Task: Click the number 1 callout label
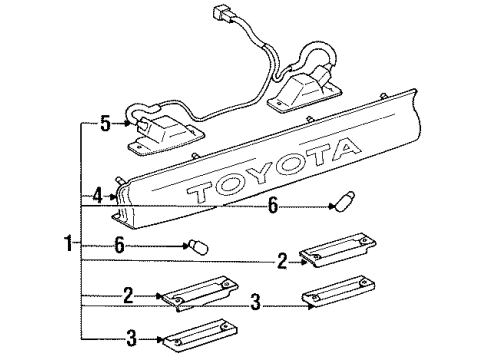tap(68, 243)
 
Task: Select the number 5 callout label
tap(106, 124)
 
